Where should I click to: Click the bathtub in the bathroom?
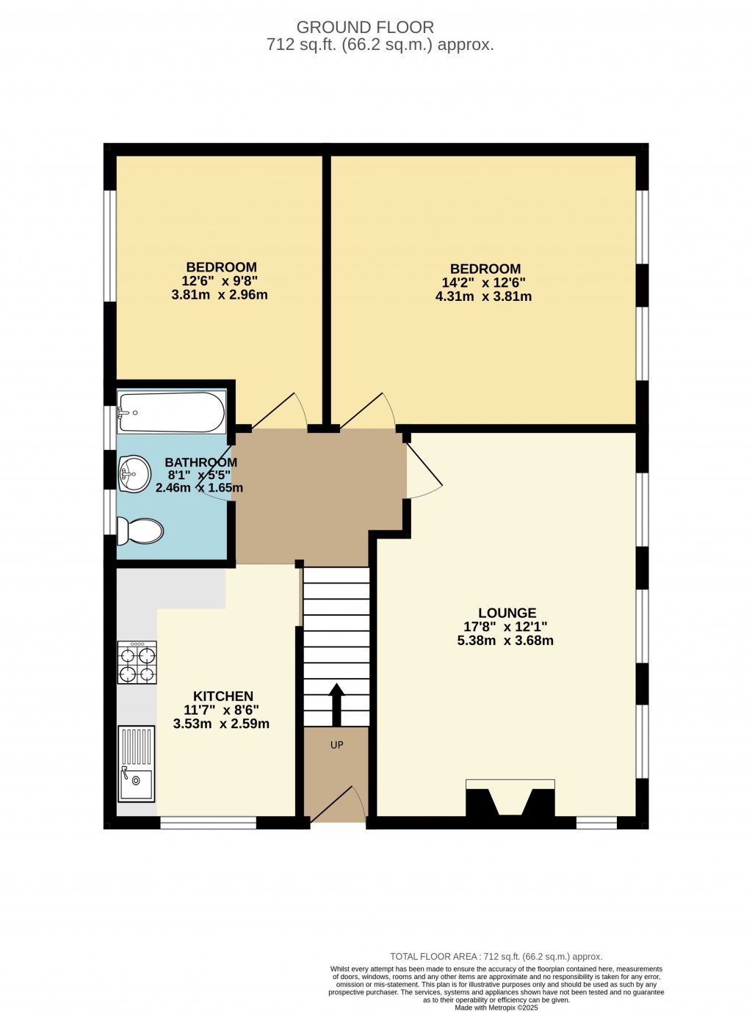pos(172,412)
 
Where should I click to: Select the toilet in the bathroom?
pos(140,531)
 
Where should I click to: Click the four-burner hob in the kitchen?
pos(137,663)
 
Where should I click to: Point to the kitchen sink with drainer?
pos(136,763)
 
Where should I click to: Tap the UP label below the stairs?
pos(336,745)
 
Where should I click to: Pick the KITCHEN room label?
pos(223,696)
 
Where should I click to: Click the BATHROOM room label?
pos(201,462)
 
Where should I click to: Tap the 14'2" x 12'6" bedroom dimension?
pos(483,283)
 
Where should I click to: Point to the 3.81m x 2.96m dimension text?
pos(220,295)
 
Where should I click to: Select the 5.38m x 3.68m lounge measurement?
pos(505,641)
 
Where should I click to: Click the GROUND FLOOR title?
pos(365,27)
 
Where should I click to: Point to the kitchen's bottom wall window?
pos(209,823)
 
